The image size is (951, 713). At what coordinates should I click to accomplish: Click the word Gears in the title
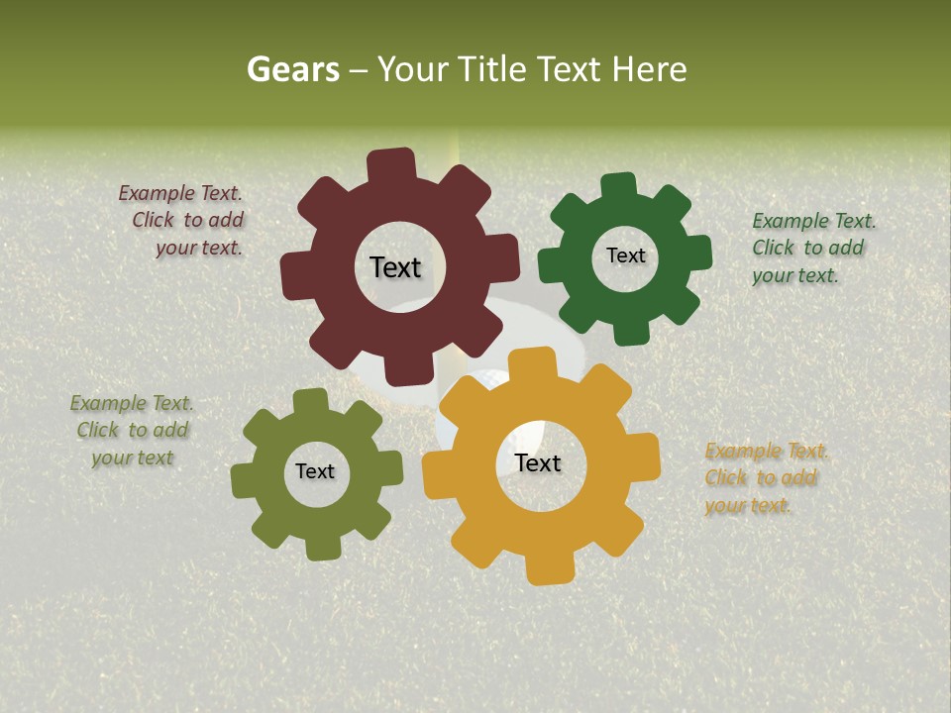click(292, 69)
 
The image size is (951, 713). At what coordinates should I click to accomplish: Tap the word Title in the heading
click(489, 69)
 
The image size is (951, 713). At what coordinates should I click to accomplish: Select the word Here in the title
click(649, 69)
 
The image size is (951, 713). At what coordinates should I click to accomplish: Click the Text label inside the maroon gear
click(395, 267)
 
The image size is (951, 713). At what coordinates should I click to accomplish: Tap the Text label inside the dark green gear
click(625, 255)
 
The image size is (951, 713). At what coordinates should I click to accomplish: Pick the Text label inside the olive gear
click(315, 471)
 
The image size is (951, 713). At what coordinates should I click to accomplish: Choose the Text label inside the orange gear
click(538, 462)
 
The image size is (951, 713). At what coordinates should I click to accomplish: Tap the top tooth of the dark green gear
click(618, 187)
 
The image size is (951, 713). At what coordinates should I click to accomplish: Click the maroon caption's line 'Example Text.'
click(180, 194)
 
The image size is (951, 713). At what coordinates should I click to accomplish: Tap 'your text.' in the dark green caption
click(795, 275)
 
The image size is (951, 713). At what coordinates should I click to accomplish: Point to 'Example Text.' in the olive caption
click(132, 403)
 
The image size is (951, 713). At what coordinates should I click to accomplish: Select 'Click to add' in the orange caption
click(761, 478)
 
